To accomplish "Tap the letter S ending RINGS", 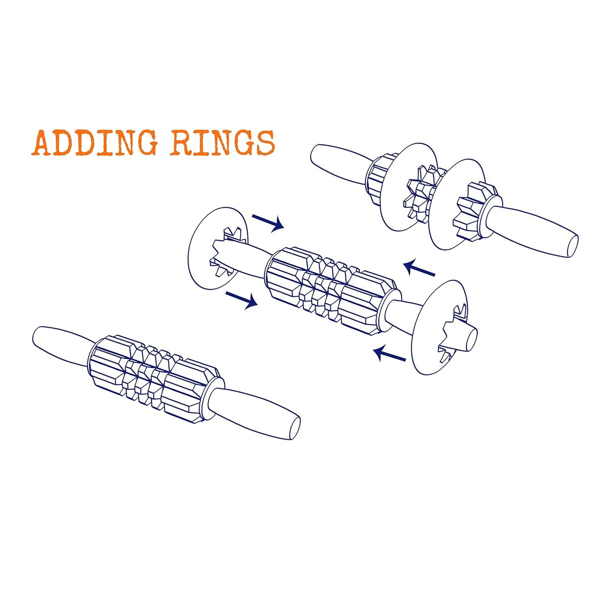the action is click(265, 143).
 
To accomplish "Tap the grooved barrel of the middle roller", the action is click(330, 291).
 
